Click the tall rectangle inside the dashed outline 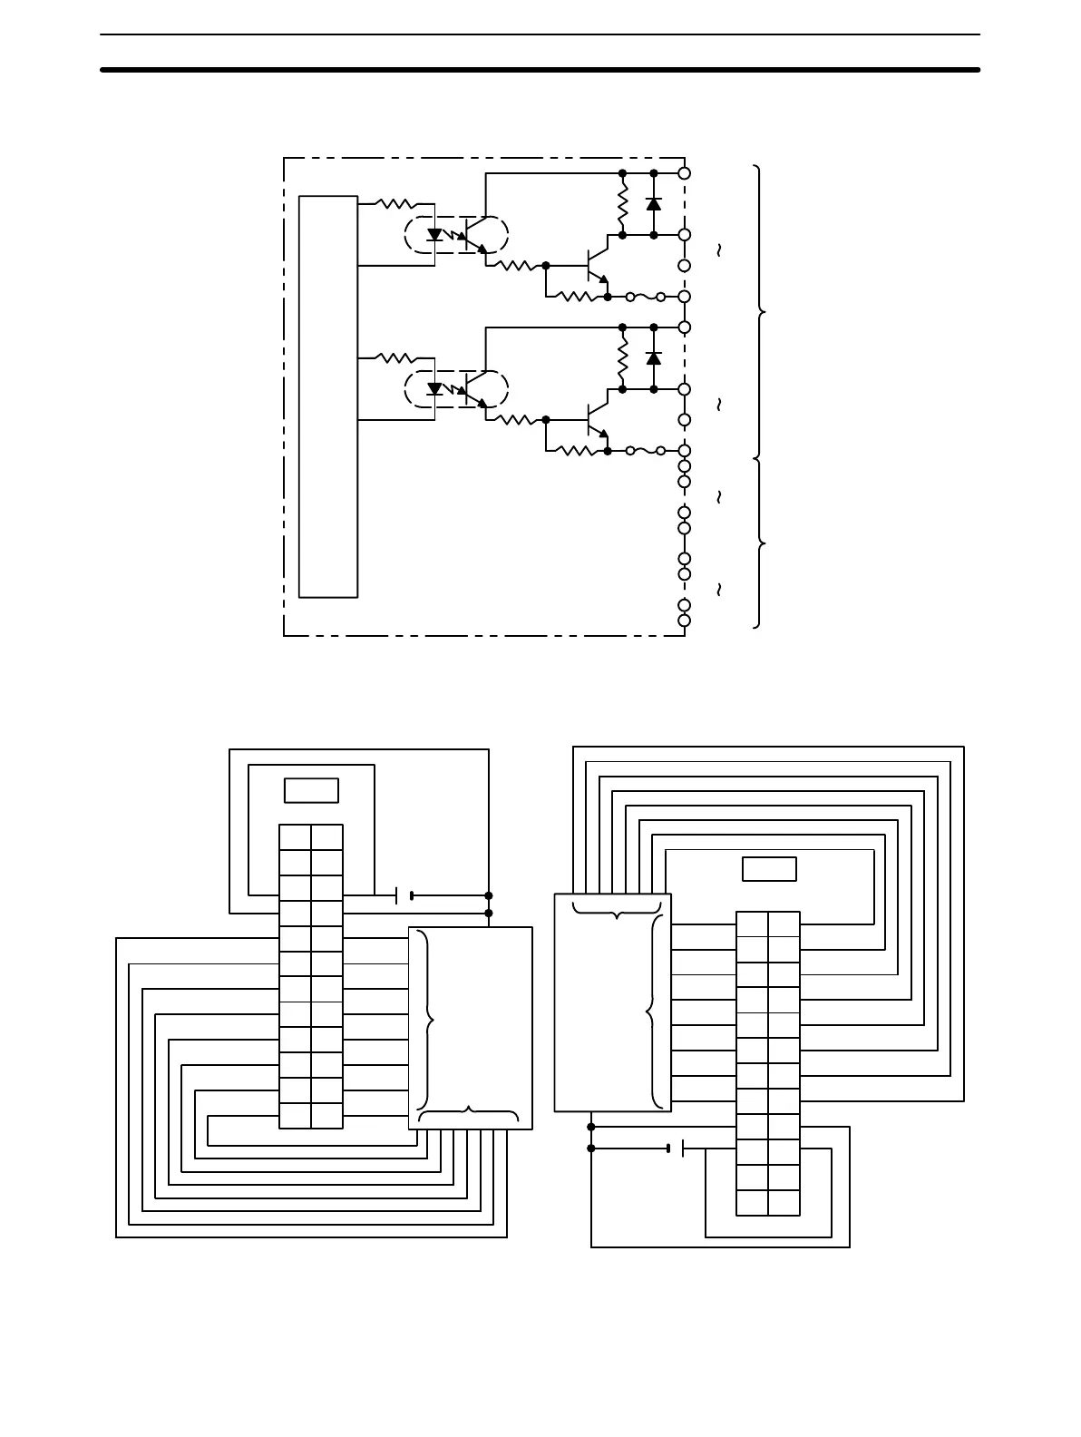(328, 396)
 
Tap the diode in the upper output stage (654, 204)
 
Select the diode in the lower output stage (654, 358)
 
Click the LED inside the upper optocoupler (434, 235)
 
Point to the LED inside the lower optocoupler (434, 389)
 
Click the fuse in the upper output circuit (645, 297)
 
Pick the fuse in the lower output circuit (645, 451)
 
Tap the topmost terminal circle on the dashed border (685, 172)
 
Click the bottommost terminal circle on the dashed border (685, 621)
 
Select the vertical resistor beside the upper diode (622, 204)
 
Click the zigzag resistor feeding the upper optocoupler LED (394, 204)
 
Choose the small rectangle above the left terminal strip (311, 790)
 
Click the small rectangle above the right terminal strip (769, 869)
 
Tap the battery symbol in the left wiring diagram (404, 896)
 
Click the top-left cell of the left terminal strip (295, 837)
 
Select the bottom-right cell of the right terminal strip (784, 1203)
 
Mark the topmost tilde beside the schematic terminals (719, 249)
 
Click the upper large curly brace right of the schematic (760, 312)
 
